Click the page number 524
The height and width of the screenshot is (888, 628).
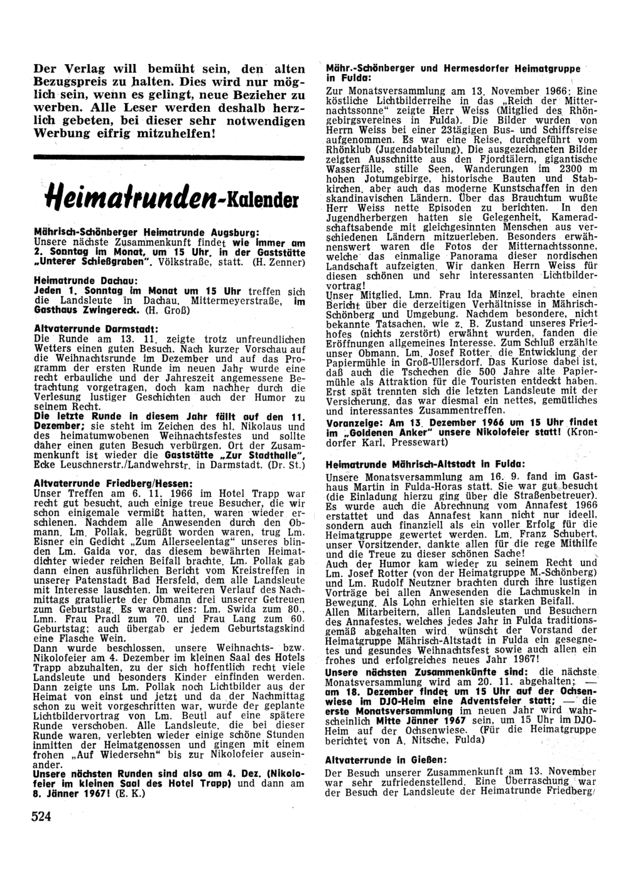(41, 816)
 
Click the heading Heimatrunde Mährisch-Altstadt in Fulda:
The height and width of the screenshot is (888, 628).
(426, 464)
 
